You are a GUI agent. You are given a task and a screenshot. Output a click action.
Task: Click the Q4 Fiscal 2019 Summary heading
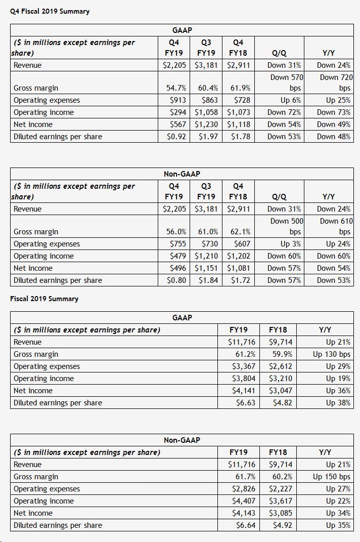pos(50,11)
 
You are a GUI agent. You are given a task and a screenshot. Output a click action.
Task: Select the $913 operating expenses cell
pos(177,100)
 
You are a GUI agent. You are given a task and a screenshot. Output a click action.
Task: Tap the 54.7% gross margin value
pos(176,88)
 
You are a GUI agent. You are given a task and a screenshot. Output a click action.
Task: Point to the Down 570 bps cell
pos(286,82)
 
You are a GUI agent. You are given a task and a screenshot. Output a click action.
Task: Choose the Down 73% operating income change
pos(333,112)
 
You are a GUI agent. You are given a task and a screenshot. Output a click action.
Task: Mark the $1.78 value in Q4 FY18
pos(240,137)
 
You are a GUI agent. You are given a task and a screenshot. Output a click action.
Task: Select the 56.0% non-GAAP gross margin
pos(176,232)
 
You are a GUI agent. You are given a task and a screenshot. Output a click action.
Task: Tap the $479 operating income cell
pos(177,256)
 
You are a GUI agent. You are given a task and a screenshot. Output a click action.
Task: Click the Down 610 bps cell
pos(336,226)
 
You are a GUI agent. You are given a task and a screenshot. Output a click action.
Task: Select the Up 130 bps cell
pos(332,354)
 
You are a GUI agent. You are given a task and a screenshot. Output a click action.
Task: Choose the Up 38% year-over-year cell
pos(338,403)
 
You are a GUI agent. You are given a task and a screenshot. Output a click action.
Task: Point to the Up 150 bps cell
pos(332,477)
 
